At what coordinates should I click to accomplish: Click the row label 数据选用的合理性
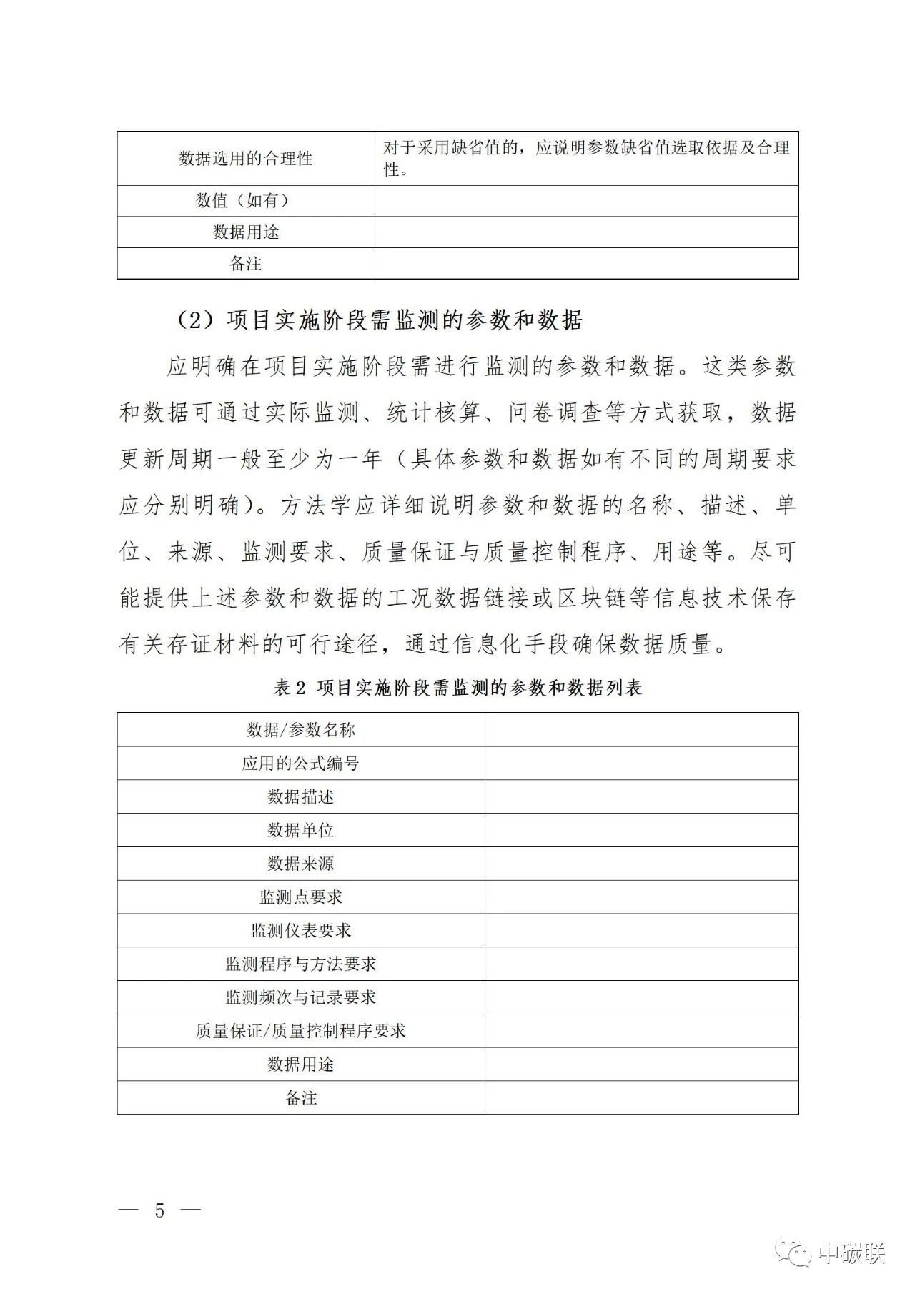point(245,159)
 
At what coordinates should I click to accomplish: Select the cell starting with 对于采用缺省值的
point(586,159)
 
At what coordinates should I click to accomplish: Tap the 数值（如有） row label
point(245,201)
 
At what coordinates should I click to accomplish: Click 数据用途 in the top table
point(245,232)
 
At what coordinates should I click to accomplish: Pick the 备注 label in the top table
point(245,264)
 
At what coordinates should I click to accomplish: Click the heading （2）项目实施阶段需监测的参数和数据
point(379,320)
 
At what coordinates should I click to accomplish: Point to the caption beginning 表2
point(457,688)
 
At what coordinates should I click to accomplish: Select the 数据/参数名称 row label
point(300,730)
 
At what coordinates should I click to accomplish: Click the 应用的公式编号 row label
point(300,764)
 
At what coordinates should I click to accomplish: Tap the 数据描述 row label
point(300,796)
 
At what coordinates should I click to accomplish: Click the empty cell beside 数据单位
point(641,830)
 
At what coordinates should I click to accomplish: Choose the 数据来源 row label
point(300,864)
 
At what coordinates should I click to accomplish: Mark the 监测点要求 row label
point(300,897)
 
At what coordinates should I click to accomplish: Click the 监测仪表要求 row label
point(300,931)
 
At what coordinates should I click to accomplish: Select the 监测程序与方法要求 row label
point(300,964)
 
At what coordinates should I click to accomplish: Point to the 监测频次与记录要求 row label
point(300,997)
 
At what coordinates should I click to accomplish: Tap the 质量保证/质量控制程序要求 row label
point(300,1031)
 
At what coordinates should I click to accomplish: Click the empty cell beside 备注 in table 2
point(641,1098)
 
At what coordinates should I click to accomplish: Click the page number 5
point(159,1210)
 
